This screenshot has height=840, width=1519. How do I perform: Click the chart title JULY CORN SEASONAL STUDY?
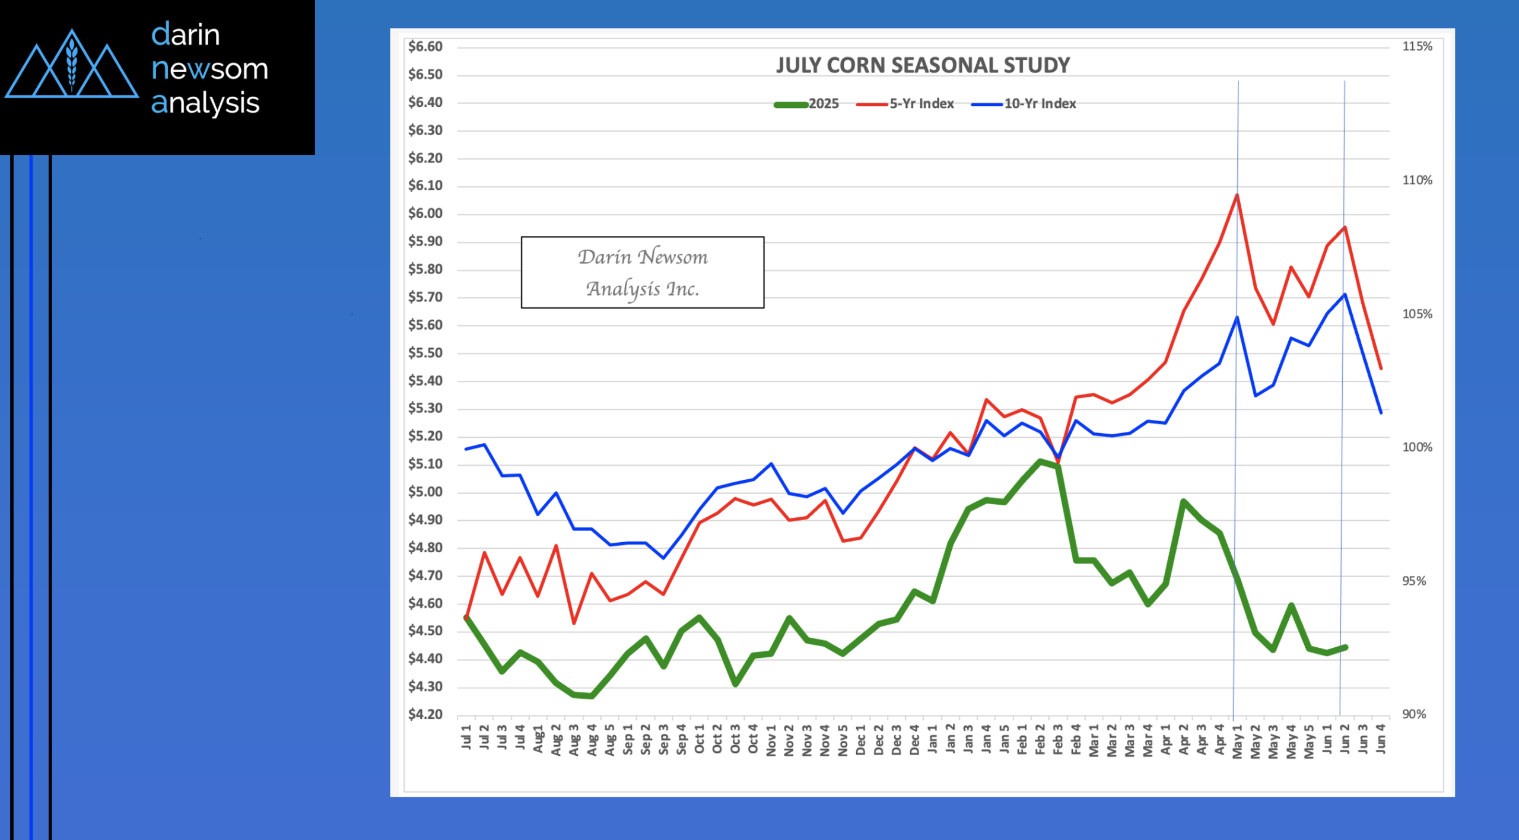coord(923,65)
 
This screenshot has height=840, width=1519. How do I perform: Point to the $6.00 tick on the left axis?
coord(425,214)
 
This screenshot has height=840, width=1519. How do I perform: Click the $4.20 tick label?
coord(425,714)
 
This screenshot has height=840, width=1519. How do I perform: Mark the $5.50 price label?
coord(425,353)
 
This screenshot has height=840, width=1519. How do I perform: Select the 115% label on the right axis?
coord(1417,46)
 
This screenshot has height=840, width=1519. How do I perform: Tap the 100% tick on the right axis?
coord(1417,447)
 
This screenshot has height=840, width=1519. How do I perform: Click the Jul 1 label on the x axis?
coord(466,737)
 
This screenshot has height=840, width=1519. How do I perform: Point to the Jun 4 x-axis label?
coord(1381,738)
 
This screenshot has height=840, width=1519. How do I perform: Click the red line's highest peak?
coord(1237,195)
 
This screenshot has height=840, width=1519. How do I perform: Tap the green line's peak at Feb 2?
coord(1040,461)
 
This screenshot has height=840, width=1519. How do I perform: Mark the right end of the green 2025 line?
coord(1345,647)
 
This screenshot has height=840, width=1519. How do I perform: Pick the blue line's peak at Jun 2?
coord(1345,294)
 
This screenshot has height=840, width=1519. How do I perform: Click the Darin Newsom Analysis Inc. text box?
coord(643,272)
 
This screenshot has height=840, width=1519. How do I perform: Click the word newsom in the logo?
coord(209,69)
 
